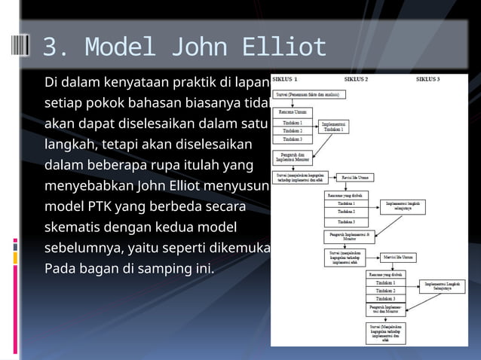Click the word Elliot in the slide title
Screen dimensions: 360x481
pyautogui.click(x=284, y=47)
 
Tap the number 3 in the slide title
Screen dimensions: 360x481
pyautogui.click(x=51, y=47)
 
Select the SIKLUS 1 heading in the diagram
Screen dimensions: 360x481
pyautogui.click(x=284, y=78)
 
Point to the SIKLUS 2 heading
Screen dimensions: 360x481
pyautogui.click(x=356, y=78)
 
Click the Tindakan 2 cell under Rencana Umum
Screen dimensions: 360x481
pyautogui.click(x=293, y=130)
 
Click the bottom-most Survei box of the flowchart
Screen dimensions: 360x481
pyautogui.click(x=385, y=331)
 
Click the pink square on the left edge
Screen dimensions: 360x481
pyautogui.click(x=14, y=243)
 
